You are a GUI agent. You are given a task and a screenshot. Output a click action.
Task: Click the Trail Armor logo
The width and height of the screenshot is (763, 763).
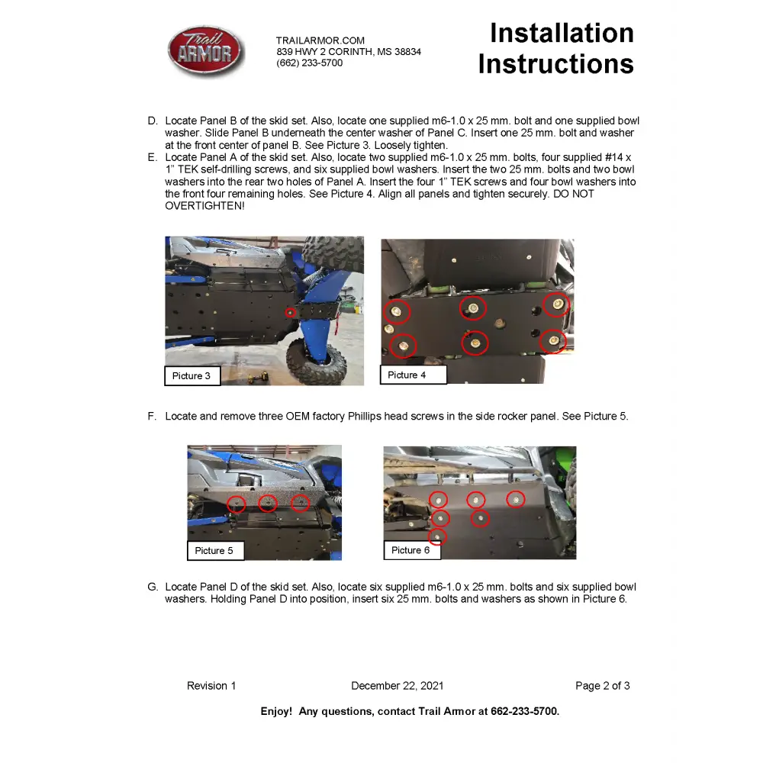[x=205, y=51]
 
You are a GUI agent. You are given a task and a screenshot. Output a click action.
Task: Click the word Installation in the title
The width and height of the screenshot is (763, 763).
[x=562, y=34]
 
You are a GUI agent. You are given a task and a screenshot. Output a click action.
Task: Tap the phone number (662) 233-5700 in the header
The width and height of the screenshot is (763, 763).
[x=309, y=63]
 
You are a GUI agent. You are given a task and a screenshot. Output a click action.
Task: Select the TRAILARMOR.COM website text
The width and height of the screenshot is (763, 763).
[x=320, y=40]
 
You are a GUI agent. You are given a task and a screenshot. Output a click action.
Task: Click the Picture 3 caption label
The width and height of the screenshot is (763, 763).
[x=192, y=375]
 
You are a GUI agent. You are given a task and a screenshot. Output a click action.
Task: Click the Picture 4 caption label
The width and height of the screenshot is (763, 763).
[x=407, y=375]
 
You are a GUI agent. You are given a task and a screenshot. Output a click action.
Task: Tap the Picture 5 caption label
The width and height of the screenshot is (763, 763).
[x=214, y=550]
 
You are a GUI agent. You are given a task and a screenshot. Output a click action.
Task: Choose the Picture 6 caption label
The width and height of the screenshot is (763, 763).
[x=410, y=550]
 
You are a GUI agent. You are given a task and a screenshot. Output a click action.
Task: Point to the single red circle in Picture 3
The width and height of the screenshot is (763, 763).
[x=290, y=311]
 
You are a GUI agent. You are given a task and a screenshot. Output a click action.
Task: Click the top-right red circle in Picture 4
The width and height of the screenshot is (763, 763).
[x=556, y=304]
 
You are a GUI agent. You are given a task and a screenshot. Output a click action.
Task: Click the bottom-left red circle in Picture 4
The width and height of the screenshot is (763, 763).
[x=402, y=346]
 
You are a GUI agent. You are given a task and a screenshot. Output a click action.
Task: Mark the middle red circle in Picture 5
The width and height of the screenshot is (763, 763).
[x=267, y=504]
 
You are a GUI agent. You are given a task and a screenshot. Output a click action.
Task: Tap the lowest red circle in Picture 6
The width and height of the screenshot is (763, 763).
[x=437, y=537]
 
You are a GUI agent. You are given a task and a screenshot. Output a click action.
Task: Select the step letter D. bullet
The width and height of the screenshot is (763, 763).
[x=153, y=121]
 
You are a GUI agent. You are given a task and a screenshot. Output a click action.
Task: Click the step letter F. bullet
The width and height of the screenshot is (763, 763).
[x=153, y=417]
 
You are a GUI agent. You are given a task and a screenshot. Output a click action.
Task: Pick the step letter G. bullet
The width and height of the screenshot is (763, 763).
[x=153, y=587]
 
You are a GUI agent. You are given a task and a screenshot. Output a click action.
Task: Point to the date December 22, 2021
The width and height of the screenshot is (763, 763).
[x=397, y=686]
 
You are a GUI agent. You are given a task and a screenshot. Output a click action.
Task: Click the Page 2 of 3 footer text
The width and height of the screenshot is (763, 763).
[x=602, y=686]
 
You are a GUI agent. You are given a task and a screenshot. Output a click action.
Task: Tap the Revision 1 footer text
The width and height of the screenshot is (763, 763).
[x=211, y=686]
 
